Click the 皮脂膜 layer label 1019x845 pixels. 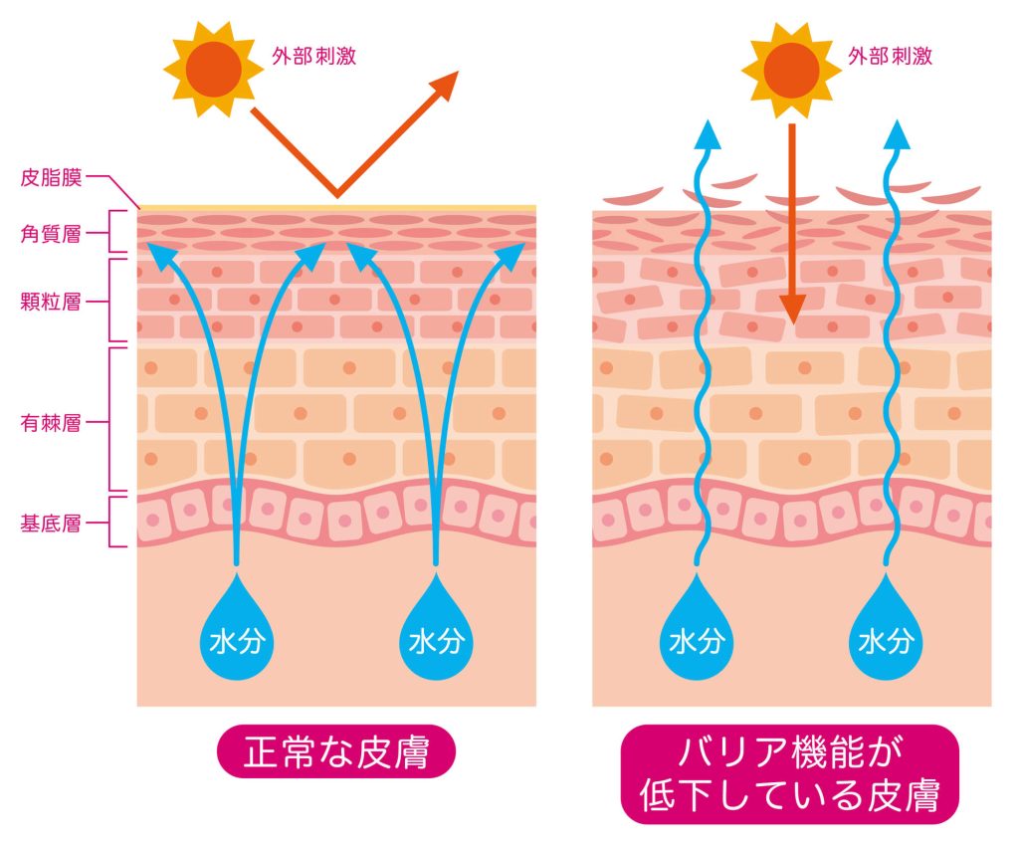point(51,177)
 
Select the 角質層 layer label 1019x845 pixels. point(51,233)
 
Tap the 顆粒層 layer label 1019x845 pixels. point(51,302)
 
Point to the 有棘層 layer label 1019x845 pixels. point(51,422)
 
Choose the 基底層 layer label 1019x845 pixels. point(51,523)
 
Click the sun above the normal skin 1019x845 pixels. point(213,69)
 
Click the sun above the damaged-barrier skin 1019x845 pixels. point(791,71)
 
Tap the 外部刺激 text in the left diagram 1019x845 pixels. point(313,56)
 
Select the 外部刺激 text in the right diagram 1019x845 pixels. point(890,56)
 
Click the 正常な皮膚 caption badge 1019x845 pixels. point(336,751)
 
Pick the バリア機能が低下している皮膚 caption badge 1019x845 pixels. point(789,774)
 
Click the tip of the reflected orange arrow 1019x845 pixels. point(458,72)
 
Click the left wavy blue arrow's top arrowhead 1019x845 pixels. point(705,133)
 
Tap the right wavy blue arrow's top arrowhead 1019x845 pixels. point(899,133)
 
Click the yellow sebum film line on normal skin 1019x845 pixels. point(336,207)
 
